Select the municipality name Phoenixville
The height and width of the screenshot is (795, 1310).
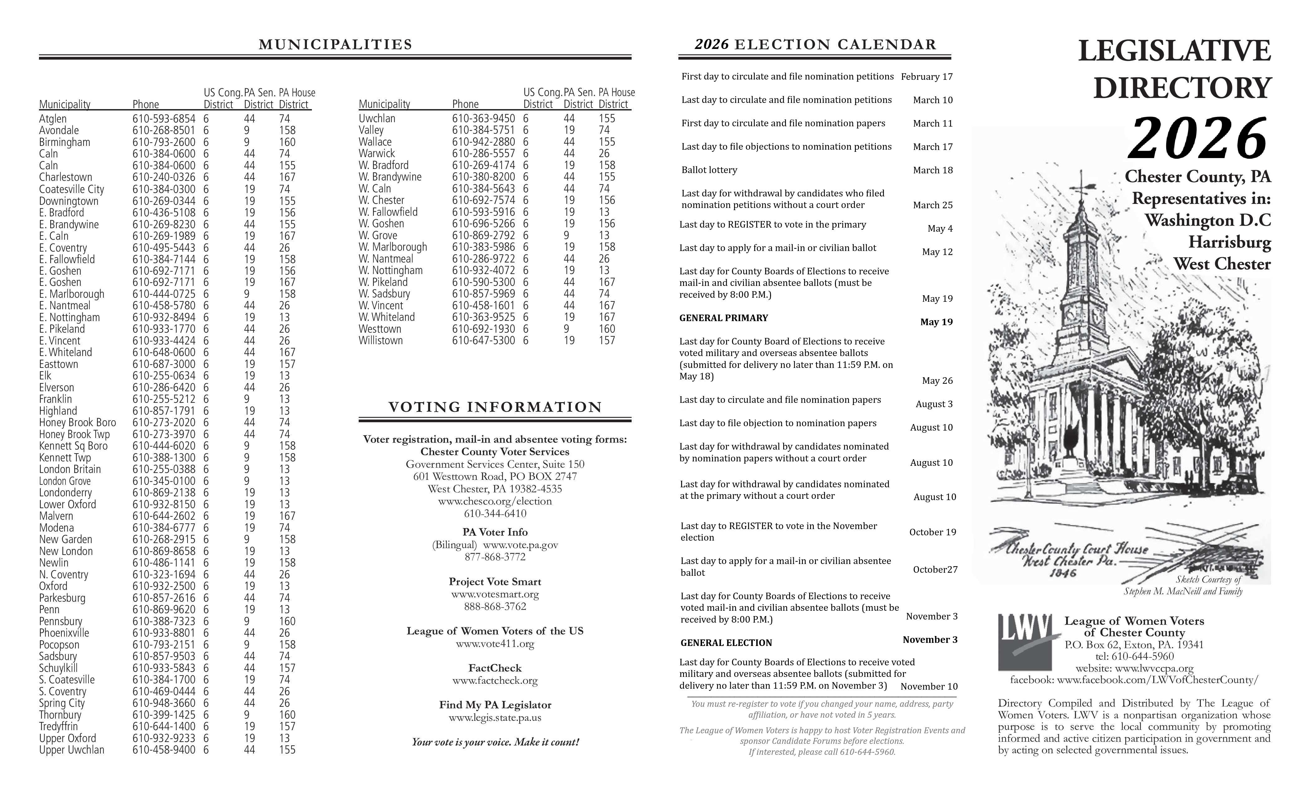point(64,633)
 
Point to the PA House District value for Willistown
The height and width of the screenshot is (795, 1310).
point(607,341)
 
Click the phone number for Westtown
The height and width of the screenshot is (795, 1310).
point(483,329)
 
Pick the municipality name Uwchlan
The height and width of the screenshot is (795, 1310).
point(377,118)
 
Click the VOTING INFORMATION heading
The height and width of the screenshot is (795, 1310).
point(495,407)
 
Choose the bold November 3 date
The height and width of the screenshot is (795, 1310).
point(930,640)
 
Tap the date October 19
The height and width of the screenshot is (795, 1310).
point(933,532)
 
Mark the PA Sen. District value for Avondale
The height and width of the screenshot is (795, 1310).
point(247,131)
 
